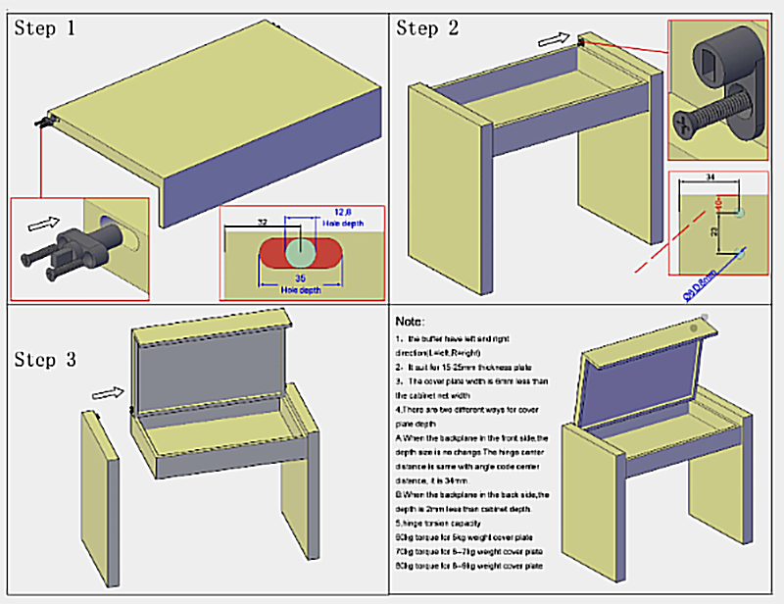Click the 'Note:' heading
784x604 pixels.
[411, 322]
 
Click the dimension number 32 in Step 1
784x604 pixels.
[261, 224]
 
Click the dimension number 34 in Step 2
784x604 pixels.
[710, 177]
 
